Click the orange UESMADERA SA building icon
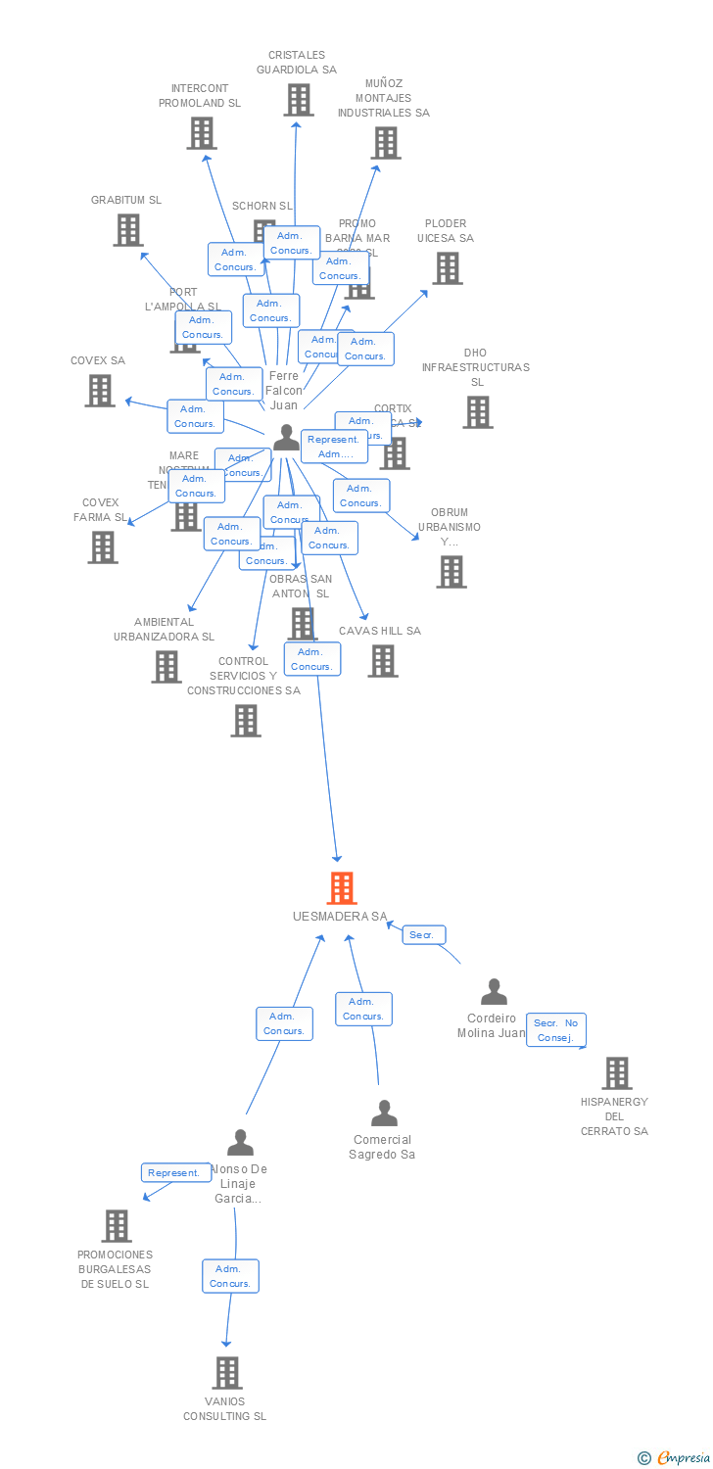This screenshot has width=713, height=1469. (x=341, y=888)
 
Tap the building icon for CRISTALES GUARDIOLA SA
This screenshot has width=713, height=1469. (x=300, y=100)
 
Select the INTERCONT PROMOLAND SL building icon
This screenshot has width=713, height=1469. (x=201, y=133)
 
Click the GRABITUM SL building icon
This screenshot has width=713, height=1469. (x=128, y=230)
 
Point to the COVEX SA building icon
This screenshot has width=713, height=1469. (x=100, y=391)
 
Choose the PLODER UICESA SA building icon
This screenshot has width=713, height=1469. (x=448, y=268)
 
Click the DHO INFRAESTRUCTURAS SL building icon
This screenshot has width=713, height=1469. (x=478, y=412)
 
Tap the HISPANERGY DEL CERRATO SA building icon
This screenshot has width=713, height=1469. (x=616, y=1073)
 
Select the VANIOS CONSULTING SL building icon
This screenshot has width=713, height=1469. (x=227, y=1373)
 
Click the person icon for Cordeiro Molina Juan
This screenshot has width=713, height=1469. (x=494, y=992)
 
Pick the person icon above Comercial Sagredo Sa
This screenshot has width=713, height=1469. (x=384, y=1114)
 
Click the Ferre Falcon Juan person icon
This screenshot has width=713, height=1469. (x=286, y=438)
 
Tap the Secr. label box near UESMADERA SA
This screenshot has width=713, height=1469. (x=423, y=935)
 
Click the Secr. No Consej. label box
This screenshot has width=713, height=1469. (x=555, y=1030)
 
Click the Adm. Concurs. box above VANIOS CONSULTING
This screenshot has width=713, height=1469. (x=231, y=1276)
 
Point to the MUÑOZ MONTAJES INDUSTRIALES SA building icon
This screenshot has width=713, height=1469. (x=386, y=143)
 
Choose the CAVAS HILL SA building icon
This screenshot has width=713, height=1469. (x=383, y=661)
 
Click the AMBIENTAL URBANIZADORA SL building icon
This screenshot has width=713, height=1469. (x=166, y=667)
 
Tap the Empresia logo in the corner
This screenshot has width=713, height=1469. (x=676, y=1458)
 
